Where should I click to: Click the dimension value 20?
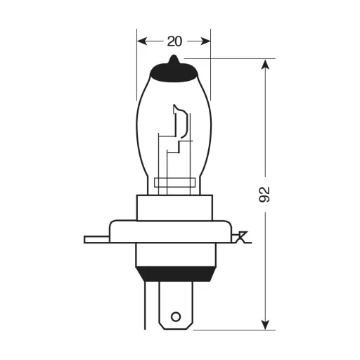pos(174,41)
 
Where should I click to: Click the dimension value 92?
pos(264,195)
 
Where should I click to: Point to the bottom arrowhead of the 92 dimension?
pos(265,324)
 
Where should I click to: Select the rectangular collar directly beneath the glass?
pos(174,207)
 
